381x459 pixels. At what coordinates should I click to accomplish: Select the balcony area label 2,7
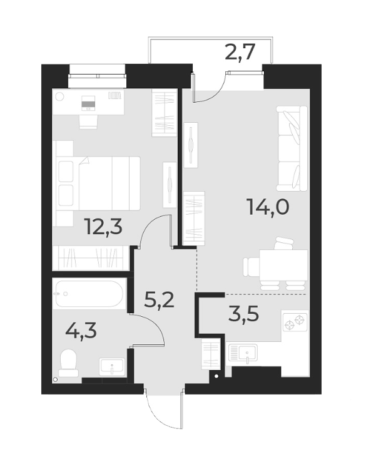click(240, 52)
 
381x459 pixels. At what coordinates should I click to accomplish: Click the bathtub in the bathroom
click(89, 293)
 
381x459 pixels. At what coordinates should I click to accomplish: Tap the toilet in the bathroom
click(68, 363)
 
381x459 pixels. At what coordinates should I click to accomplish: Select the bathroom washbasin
click(112, 366)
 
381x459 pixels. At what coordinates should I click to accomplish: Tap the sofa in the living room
click(292, 148)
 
